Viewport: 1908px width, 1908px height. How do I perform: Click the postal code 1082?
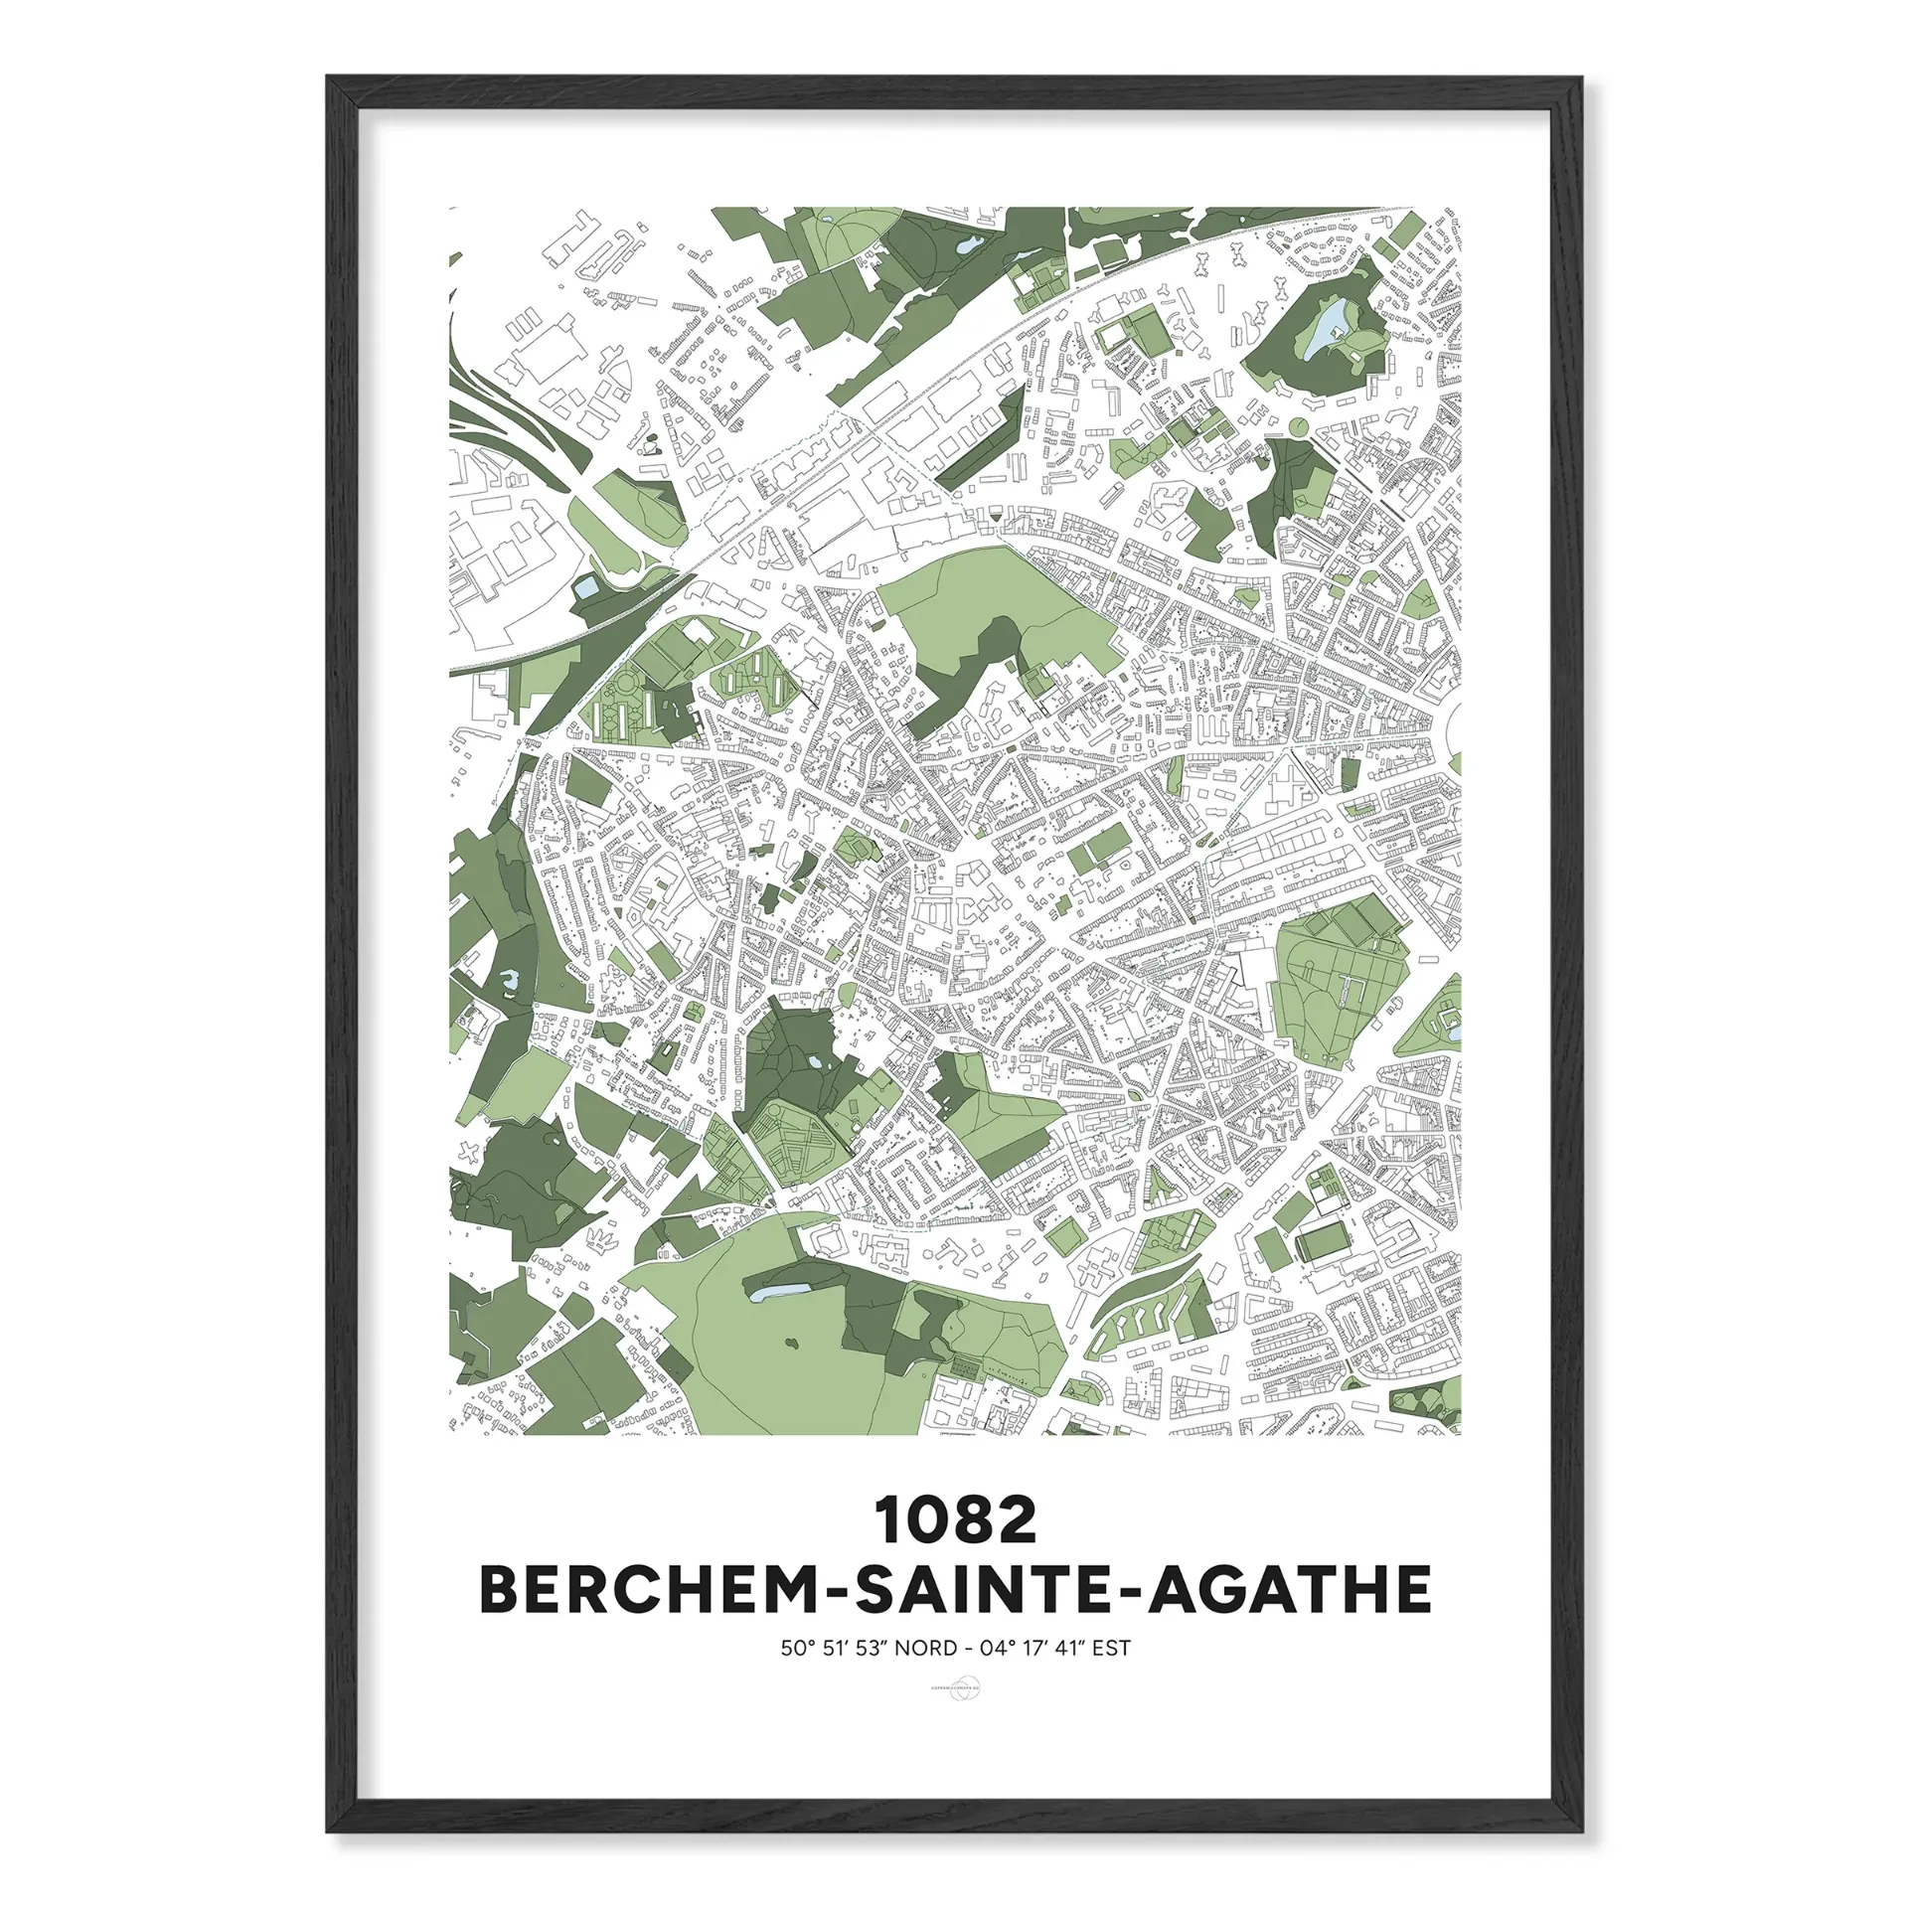pos(955,1520)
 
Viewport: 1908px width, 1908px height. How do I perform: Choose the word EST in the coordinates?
pos(1111,1649)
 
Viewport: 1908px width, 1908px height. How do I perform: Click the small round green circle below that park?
pos(1297,427)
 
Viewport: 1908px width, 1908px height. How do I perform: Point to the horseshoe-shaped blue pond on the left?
pos(509,982)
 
